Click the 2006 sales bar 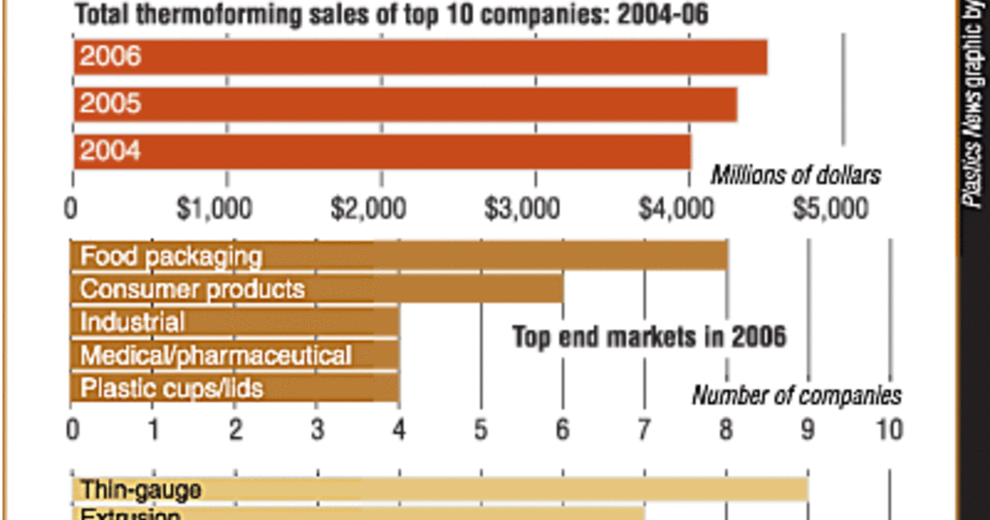tap(420, 57)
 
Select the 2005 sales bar tap(405, 104)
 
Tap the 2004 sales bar tap(382, 151)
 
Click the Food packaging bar tap(398, 256)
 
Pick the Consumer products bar tap(317, 290)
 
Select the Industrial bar tap(234, 322)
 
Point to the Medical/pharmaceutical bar tap(234, 355)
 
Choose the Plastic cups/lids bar tap(234, 387)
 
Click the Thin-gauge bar tap(439, 489)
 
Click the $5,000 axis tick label tap(830, 209)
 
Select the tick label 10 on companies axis tap(888, 429)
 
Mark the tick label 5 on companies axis tap(480, 429)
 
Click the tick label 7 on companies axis tap(643, 429)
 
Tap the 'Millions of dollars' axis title tap(795, 175)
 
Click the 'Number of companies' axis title tap(795, 396)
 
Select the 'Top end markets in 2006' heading tap(648, 337)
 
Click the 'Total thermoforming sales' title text tap(392, 15)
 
